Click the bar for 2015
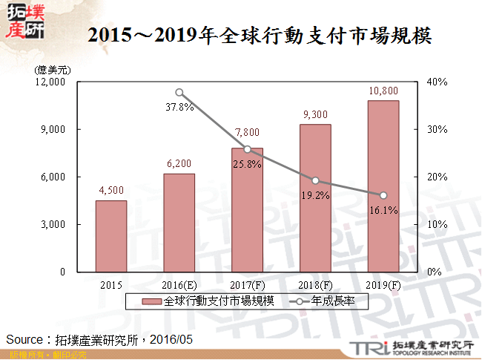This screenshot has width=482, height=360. [110, 236]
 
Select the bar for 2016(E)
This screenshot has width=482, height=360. [179, 223]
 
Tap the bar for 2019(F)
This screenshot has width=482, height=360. [383, 186]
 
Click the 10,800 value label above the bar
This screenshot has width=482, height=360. [383, 91]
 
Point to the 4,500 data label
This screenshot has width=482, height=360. [110, 190]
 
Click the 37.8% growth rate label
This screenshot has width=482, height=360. [179, 107]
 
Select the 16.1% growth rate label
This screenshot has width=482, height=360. [383, 210]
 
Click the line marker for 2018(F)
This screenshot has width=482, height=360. [315, 180]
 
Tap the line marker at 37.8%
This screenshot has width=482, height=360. [179, 93]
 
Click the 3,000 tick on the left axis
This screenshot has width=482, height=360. [53, 224]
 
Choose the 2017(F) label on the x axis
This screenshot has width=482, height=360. [247, 284]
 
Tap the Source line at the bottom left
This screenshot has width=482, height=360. [100, 338]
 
